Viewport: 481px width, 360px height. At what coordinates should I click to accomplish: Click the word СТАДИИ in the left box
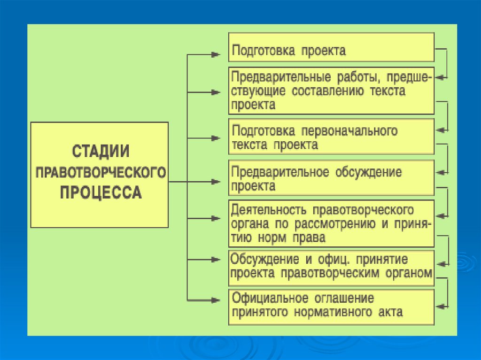click(101, 152)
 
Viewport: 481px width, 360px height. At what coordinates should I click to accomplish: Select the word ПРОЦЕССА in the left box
click(101, 193)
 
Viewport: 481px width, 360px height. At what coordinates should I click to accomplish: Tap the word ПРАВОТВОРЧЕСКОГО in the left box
click(101, 172)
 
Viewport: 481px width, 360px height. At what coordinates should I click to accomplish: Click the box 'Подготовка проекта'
click(331, 47)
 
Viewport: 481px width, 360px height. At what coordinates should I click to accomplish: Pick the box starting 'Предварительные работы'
click(331, 91)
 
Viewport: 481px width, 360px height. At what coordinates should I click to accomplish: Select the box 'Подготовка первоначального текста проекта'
click(331, 137)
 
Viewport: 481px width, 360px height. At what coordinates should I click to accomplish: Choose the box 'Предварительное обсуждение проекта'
click(331, 178)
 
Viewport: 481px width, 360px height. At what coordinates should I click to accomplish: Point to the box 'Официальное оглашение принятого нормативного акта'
click(331, 307)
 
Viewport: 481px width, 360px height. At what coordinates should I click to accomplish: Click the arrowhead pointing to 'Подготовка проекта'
click(216, 54)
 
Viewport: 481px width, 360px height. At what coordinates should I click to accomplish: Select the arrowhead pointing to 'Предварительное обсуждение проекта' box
click(216, 181)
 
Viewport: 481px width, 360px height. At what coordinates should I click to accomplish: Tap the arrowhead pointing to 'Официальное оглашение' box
click(216, 300)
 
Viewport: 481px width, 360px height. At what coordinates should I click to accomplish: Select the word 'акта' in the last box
click(388, 312)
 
